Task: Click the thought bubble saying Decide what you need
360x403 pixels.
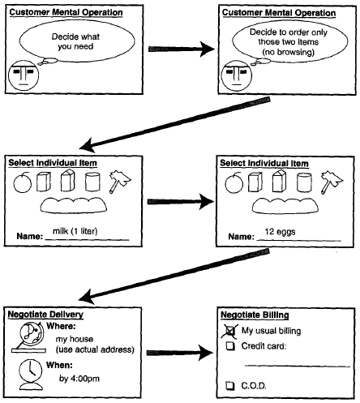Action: (77, 41)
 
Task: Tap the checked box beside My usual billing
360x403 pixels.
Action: (229, 331)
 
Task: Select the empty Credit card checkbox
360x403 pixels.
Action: (230, 346)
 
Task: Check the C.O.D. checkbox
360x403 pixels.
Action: (230, 385)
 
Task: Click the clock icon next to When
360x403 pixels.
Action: (31, 374)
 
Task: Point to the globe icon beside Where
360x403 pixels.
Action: (29, 337)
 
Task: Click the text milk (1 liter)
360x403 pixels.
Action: (75, 231)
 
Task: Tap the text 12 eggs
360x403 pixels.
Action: (280, 232)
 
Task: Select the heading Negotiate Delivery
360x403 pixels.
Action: (45, 315)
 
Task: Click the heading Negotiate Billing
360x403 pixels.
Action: (255, 315)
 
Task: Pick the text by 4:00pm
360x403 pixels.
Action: (79, 379)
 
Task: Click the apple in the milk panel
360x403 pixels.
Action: (23, 182)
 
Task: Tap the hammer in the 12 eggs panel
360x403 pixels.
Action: (332, 182)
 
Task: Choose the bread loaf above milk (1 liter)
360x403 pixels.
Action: (74, 205)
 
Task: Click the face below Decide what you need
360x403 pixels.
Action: (24, 75)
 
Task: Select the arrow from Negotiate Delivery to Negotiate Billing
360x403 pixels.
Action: (180, 353)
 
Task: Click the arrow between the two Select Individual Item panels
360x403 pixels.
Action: (181, 202)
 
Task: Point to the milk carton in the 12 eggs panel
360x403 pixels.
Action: (279, 181)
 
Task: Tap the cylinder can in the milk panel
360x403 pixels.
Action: (92, 182)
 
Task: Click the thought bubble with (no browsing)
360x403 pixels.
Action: (289, 41)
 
